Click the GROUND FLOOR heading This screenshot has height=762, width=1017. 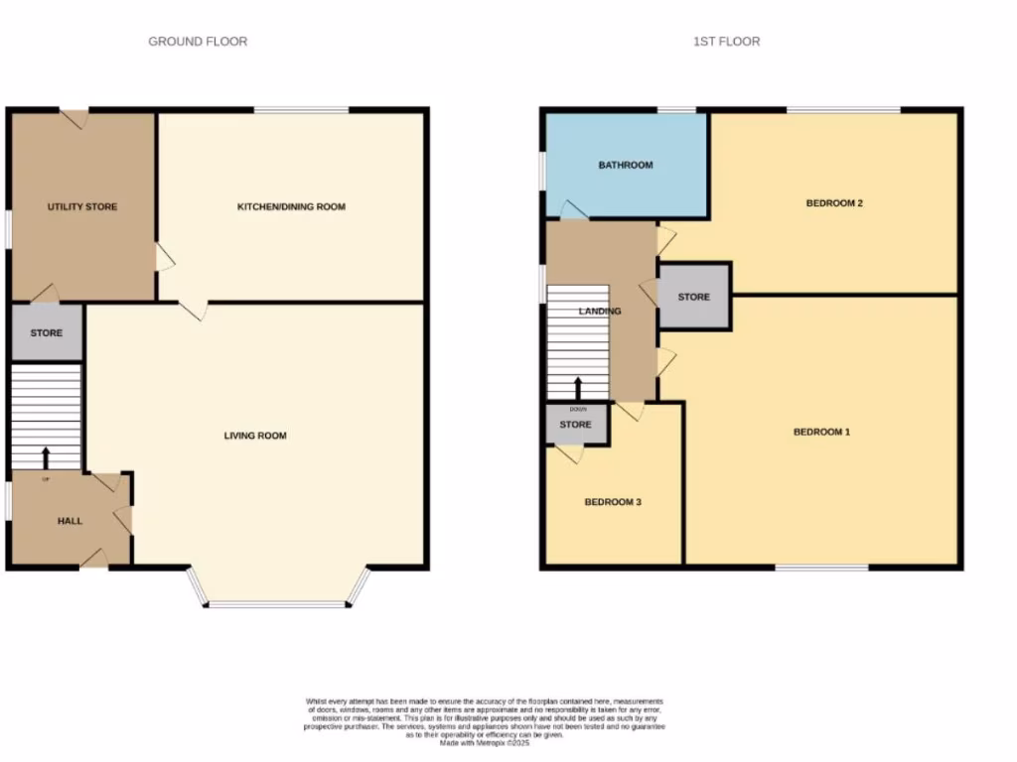pyautogui.click(x=198, y=42)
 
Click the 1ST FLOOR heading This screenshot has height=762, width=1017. pyautogui.click(x=726, y=42)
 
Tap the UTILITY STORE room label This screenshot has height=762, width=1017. pyautogui.click(x=82, y=206)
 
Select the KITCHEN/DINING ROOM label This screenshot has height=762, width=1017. pyautogui.click(x=291, y=206)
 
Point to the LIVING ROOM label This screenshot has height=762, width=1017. pyautogui.click(x=255, y=436)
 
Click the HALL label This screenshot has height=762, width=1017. pyautogui.click(x=70, y=521)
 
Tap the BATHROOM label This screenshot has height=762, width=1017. pyautogui.click(x=626, y=165)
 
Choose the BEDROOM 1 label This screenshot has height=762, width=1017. pyautogui.click(x=821, y=432)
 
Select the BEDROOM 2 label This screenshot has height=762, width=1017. pyautogui.click(x=833, y=203)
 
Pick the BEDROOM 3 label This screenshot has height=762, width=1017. pyautogui.click(x=612, y=502)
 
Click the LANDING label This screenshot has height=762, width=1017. pyautogui.click(x=600, y=311)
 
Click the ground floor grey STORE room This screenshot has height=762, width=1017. pyautogui.click(x=47, y=333)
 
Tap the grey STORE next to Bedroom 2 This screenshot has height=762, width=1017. pyautogui.click(x=694, y=297)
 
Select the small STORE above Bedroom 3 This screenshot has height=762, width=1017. pyautogui.click(x=575, y=425)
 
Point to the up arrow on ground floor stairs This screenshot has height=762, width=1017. pyautogui.click(x=46, y=456)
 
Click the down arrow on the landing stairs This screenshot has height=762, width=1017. pyautogui.click(x=577, y=388)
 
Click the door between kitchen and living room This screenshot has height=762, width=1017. pyautogui.click(x=194, y=310)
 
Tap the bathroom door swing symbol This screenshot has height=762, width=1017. pyautogui.click(x=573, y=210)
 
